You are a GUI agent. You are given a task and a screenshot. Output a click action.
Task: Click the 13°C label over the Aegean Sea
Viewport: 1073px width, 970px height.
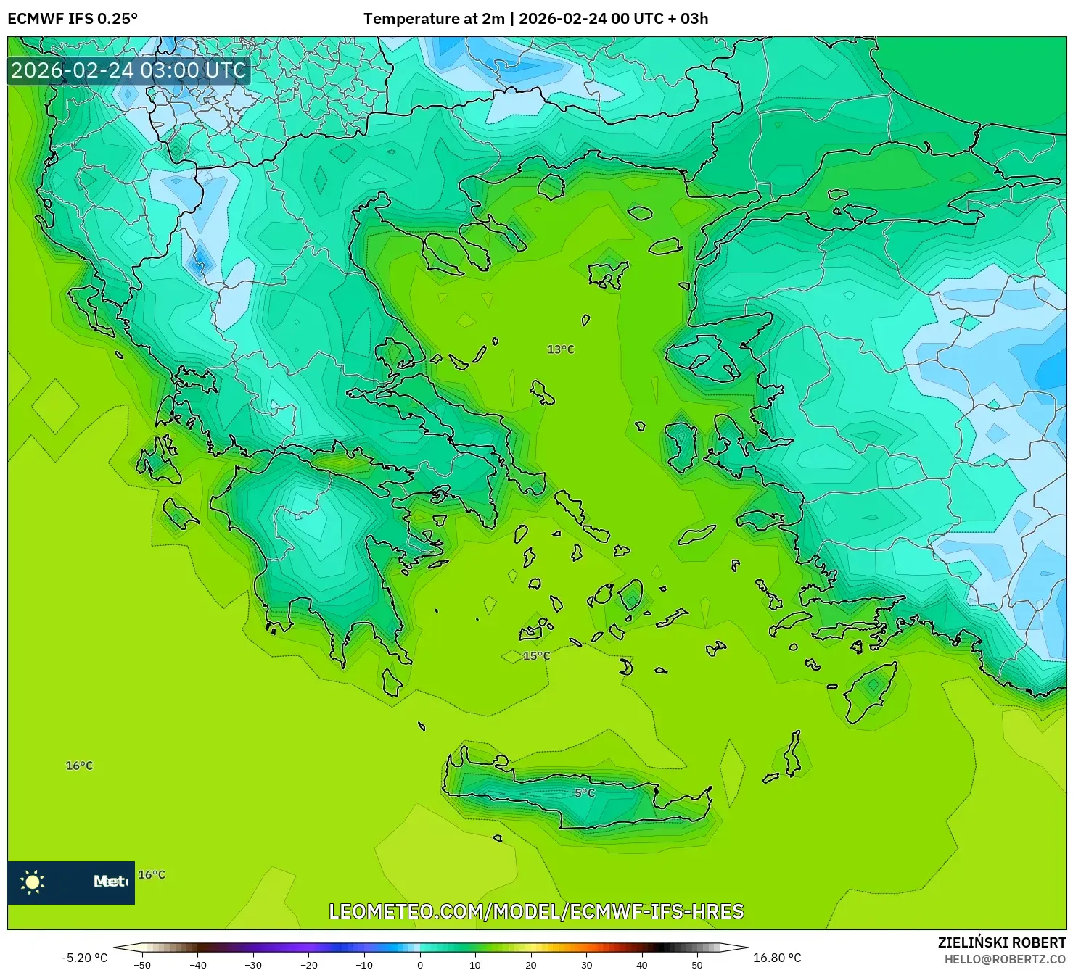(560, 349)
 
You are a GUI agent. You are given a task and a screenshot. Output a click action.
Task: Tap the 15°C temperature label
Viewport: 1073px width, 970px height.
(536, 656)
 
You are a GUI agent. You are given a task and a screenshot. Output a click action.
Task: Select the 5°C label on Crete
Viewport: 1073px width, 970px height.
(585, 793)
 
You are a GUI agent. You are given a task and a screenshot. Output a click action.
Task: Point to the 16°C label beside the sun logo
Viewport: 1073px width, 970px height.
(152, 875)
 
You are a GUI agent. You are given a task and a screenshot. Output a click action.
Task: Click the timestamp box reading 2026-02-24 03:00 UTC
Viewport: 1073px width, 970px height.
(128, 70)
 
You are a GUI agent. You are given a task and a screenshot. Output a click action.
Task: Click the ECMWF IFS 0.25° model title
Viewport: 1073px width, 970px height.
(73, 19)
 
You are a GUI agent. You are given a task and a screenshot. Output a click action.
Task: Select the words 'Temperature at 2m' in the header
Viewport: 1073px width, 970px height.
(433, 19)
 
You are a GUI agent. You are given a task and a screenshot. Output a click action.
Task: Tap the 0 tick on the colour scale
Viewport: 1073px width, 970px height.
(419, 964)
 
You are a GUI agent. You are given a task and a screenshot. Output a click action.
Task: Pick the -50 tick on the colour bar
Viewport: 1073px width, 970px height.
(142, 964)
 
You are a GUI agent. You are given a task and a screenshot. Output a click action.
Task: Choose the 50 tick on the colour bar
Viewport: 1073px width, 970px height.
(697, 964)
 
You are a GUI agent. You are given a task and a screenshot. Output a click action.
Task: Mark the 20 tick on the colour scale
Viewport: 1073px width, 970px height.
(531, 964)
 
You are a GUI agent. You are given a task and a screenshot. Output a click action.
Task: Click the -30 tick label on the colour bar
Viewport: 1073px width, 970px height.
(253, 964)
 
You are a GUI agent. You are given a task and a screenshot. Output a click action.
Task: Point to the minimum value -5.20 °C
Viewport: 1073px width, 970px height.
(84, 958)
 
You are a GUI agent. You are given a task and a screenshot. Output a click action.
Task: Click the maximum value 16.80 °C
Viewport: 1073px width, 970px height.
(777, 958)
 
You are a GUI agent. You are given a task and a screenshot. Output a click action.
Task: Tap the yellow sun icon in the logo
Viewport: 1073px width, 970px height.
(33, 882)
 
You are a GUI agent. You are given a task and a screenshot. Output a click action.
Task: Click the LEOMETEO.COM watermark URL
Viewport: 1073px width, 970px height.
(536, 911)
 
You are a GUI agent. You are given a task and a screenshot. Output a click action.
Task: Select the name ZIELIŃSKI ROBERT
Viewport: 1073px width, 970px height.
(1001, 942)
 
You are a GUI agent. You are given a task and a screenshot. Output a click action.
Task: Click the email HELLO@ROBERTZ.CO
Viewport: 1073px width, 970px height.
(1005, 959)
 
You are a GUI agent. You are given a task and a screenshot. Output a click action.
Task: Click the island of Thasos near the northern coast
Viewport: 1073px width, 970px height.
(551, 186)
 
